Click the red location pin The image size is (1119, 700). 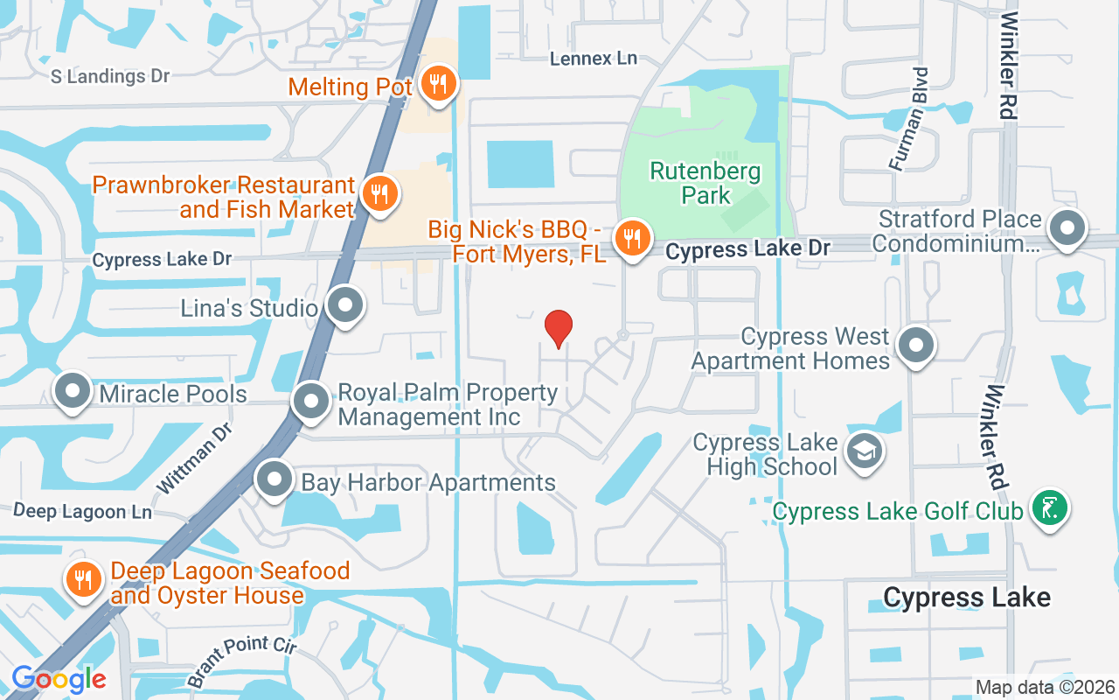click(559, 327)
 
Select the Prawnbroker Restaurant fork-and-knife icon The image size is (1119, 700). click(379, 193)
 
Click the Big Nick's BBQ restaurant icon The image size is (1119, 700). click(629, 237)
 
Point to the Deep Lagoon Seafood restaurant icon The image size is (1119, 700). click(83, 579)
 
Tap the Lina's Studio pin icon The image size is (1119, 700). click(345, 306)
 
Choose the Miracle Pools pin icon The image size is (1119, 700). click(73, 392)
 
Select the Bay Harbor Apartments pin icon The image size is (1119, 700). click(275, 479)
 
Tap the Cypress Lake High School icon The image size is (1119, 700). click(865, 451)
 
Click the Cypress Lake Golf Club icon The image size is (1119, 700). click(1049, 507)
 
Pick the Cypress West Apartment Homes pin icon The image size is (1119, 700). click(915, 345)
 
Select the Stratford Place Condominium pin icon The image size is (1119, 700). click(1067, 229)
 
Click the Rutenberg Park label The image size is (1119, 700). click(705, 183)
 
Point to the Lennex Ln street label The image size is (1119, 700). click(594, 59)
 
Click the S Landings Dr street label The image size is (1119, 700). click(110, 76)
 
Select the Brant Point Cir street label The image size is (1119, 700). click(242, 662)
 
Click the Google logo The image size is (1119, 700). click(59, 678)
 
